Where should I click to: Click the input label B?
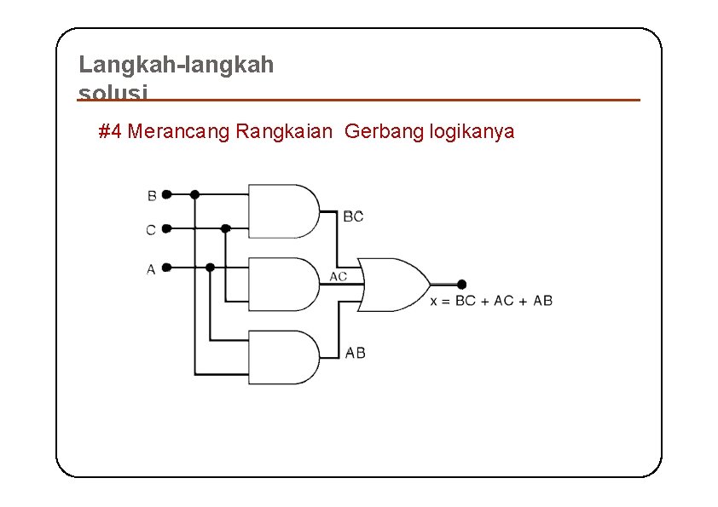152,195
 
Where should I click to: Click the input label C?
151,230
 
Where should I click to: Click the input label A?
151,269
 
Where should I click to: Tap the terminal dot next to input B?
167,194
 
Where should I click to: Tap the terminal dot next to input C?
167,228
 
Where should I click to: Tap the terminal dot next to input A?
167,267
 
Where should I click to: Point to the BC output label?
353,216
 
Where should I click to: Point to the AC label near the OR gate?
339,276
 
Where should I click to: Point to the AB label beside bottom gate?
356,352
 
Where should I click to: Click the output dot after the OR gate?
461,285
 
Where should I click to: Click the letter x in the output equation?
434,301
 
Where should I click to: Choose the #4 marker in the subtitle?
108,132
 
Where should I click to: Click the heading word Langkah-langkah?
176,65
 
